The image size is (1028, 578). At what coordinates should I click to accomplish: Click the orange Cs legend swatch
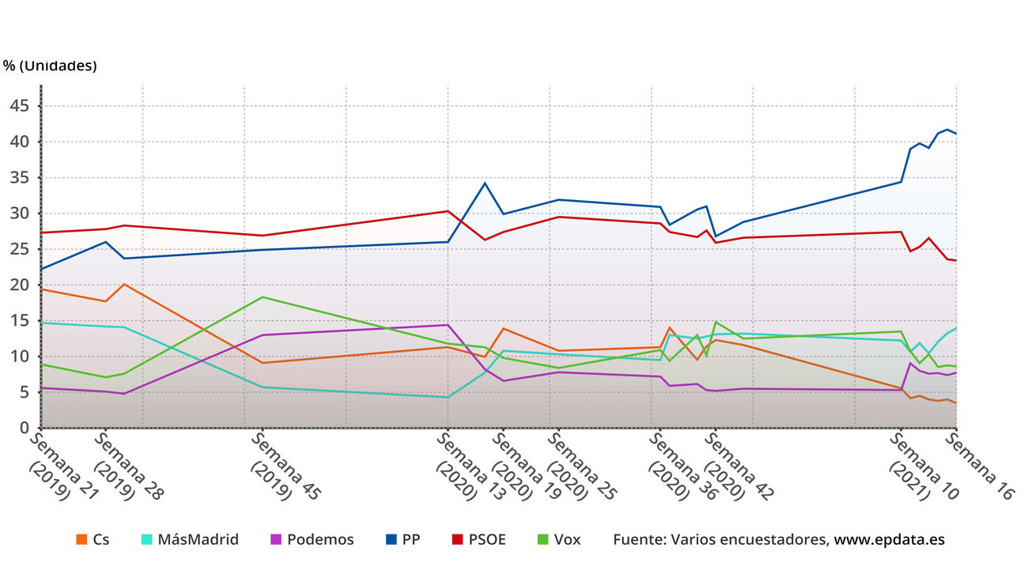tap(81, 539)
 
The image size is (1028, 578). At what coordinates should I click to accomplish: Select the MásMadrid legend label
tap(198, 539)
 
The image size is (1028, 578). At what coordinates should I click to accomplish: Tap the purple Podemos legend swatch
tap(276, 539)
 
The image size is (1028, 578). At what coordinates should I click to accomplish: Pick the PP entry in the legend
tap(410, 539)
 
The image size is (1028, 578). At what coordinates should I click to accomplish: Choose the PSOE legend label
tap(488, 539)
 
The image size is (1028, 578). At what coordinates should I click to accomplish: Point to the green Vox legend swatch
tap(542, 539)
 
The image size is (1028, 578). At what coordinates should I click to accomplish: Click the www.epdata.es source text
tap(889, 539)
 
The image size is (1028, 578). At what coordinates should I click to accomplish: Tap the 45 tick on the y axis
tap(21, 106)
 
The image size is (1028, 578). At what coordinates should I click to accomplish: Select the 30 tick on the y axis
tap(21, 213)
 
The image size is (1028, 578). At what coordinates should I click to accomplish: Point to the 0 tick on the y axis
tap(25, 428)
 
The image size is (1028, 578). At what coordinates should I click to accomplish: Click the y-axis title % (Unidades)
tap(49, 66)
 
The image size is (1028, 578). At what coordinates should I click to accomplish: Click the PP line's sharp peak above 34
tap(485, 183)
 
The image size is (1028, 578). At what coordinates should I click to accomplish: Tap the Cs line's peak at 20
tap(124, 284)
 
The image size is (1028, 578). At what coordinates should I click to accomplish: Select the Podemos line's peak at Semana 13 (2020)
tap(448, 325)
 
